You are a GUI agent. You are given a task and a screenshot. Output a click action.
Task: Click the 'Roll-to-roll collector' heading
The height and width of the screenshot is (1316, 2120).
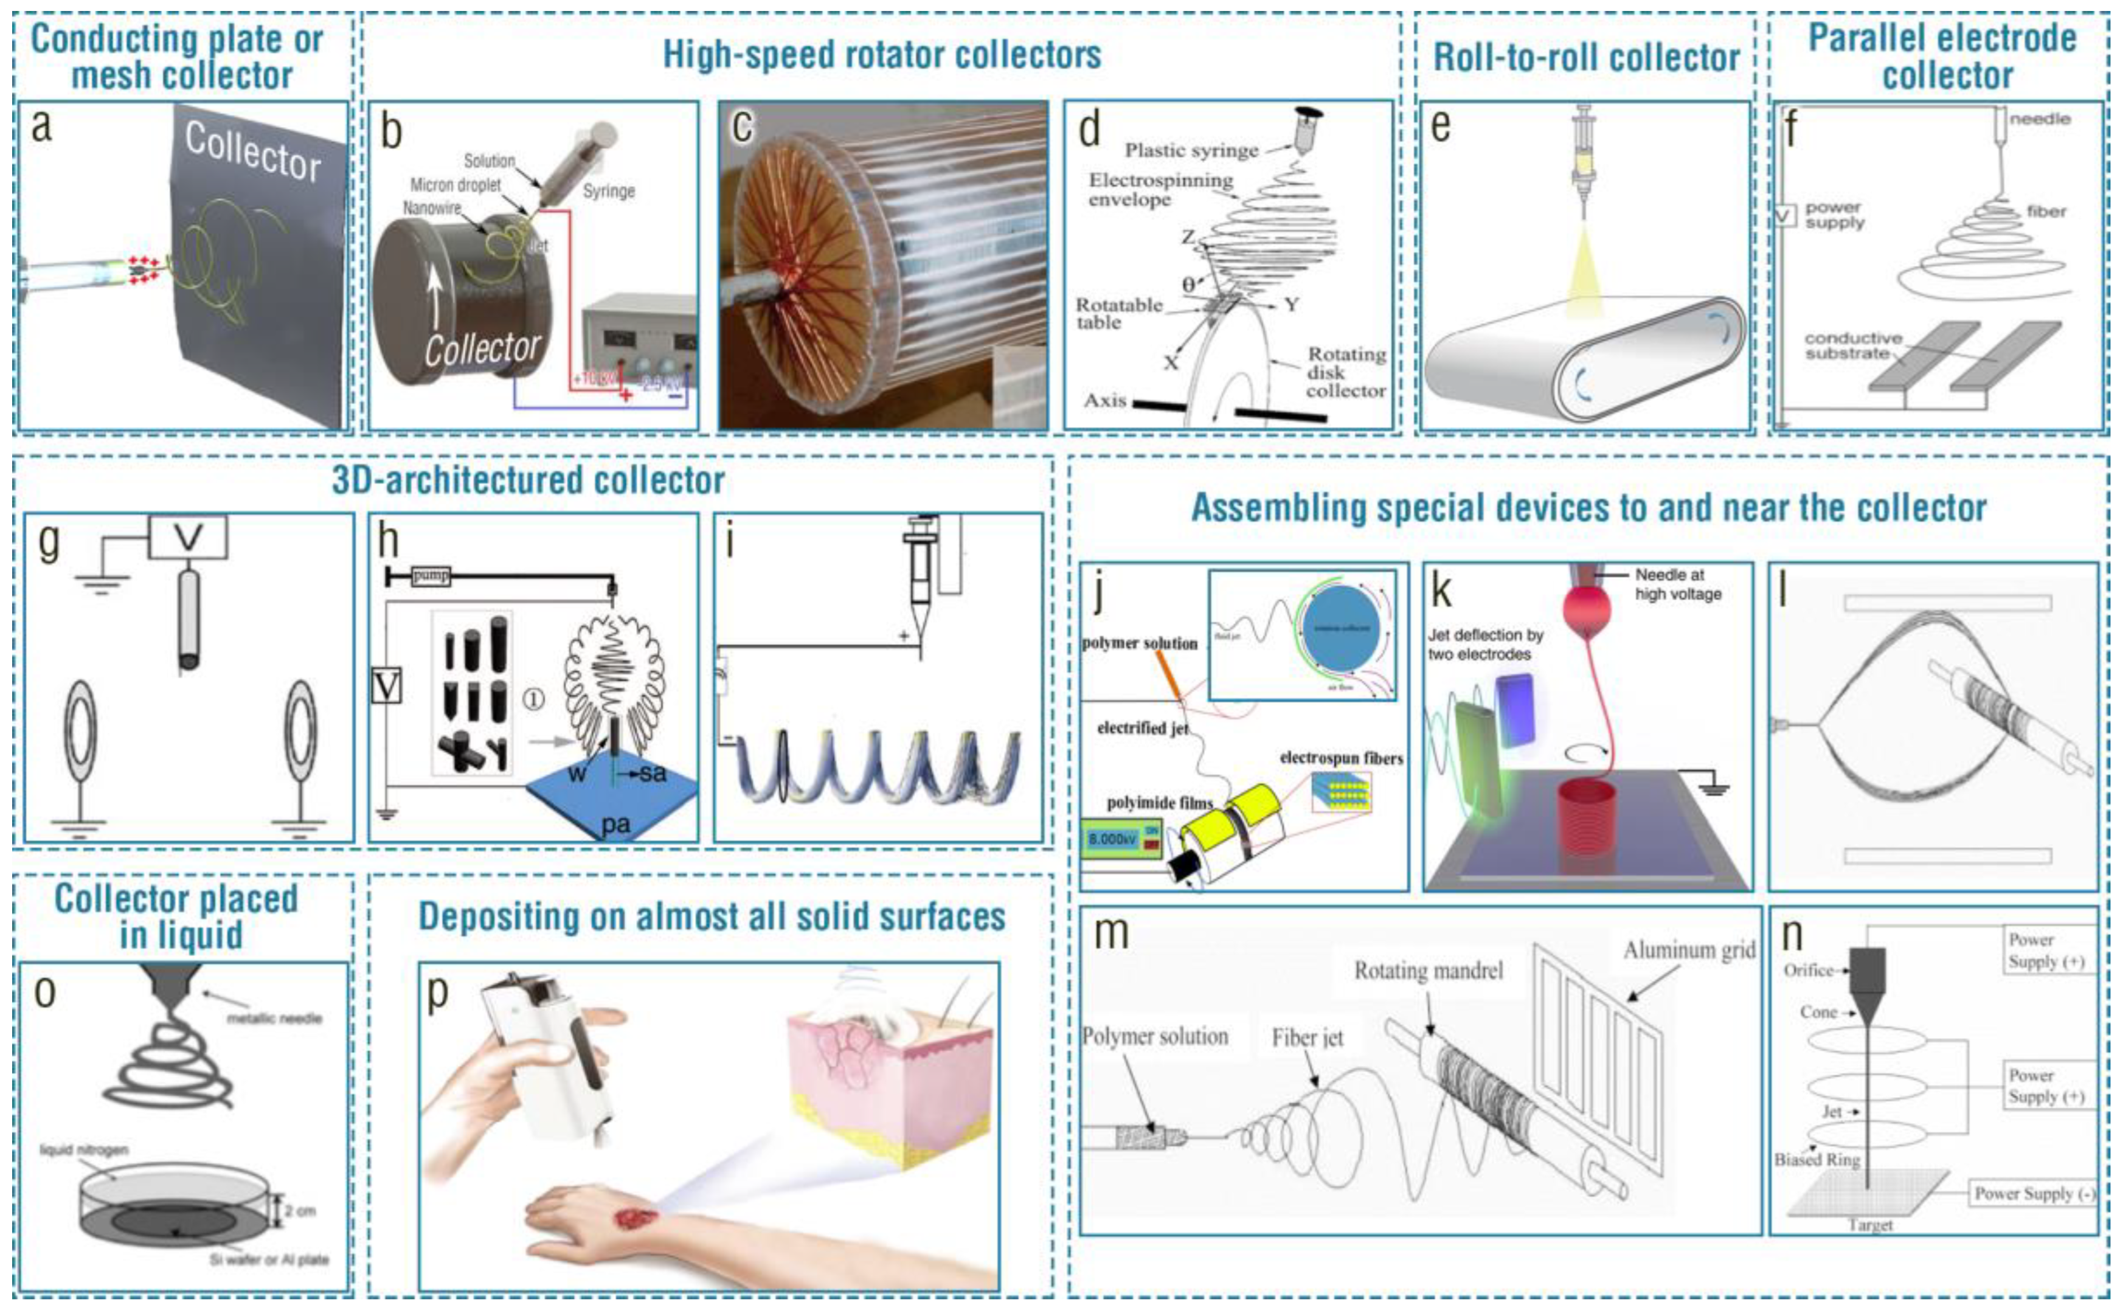coord(1585,57)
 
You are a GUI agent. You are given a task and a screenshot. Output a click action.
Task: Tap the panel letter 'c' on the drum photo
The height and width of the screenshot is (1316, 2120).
coord(741,126)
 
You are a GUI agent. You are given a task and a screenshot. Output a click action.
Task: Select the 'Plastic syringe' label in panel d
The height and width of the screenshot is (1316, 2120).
coord(1191,151)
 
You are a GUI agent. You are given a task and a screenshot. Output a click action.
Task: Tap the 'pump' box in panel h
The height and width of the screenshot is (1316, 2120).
coord(430,575)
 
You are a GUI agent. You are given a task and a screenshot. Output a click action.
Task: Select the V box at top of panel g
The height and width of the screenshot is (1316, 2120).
coord(188,537)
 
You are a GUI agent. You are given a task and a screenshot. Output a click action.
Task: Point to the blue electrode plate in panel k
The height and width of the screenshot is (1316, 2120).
coord(1515,709)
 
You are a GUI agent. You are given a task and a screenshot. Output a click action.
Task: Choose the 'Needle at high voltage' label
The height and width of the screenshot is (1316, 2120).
coord(1677,584)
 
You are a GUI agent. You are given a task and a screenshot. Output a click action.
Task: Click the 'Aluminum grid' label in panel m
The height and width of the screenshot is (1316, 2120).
coord(1688,949)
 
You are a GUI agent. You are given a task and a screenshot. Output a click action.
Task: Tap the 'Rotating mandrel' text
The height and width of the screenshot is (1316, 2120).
coord(1428,971)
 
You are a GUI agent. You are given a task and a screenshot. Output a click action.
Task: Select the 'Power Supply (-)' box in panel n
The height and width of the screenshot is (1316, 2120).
coord(2034,1193)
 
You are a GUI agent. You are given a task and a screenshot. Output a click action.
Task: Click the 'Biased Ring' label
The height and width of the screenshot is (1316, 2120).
coord(1817,1160)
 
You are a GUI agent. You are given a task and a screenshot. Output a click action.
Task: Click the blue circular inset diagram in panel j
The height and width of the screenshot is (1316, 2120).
coord(1342,628)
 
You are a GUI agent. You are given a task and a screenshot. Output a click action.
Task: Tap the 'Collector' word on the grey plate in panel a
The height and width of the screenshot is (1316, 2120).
coord(253,151)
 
